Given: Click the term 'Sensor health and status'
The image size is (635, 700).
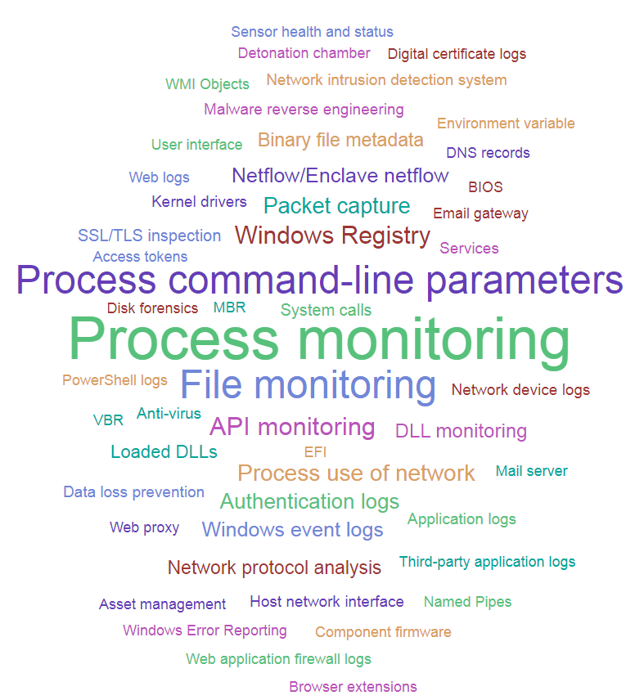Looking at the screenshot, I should coord(312,32).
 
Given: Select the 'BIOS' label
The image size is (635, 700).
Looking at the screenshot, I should coord(485,187).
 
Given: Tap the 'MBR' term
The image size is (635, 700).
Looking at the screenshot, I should coord(229,308).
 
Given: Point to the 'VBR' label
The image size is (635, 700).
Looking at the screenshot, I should coord(108,420).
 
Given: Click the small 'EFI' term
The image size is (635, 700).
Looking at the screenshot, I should coord(315,451).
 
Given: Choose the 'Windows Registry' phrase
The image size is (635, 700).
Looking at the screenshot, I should coord(332,236).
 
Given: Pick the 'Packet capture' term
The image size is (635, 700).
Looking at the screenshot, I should coord(336,205).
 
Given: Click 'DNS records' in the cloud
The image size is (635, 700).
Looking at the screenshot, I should coord(488,153).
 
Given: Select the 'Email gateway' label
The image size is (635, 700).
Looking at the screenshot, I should coord(480,213).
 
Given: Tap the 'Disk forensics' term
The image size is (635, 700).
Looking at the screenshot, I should coord(152,308).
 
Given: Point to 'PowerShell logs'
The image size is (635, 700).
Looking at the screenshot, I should coord(115,380).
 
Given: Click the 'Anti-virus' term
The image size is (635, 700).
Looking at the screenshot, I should coord(169,414).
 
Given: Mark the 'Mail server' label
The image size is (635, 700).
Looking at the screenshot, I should coord(531,471).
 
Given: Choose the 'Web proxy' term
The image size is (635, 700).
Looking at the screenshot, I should coord(144,527).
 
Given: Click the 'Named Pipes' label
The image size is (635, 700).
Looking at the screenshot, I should coord(467,602).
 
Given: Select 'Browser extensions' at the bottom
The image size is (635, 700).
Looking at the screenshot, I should coord(353,687).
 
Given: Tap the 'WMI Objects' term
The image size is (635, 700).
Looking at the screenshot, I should coord(207,84).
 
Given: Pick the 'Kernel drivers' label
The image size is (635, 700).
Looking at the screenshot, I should coord(199,201).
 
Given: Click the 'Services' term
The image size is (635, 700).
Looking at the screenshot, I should coord(469,248).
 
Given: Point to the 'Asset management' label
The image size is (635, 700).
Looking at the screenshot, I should coord(162,604).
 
